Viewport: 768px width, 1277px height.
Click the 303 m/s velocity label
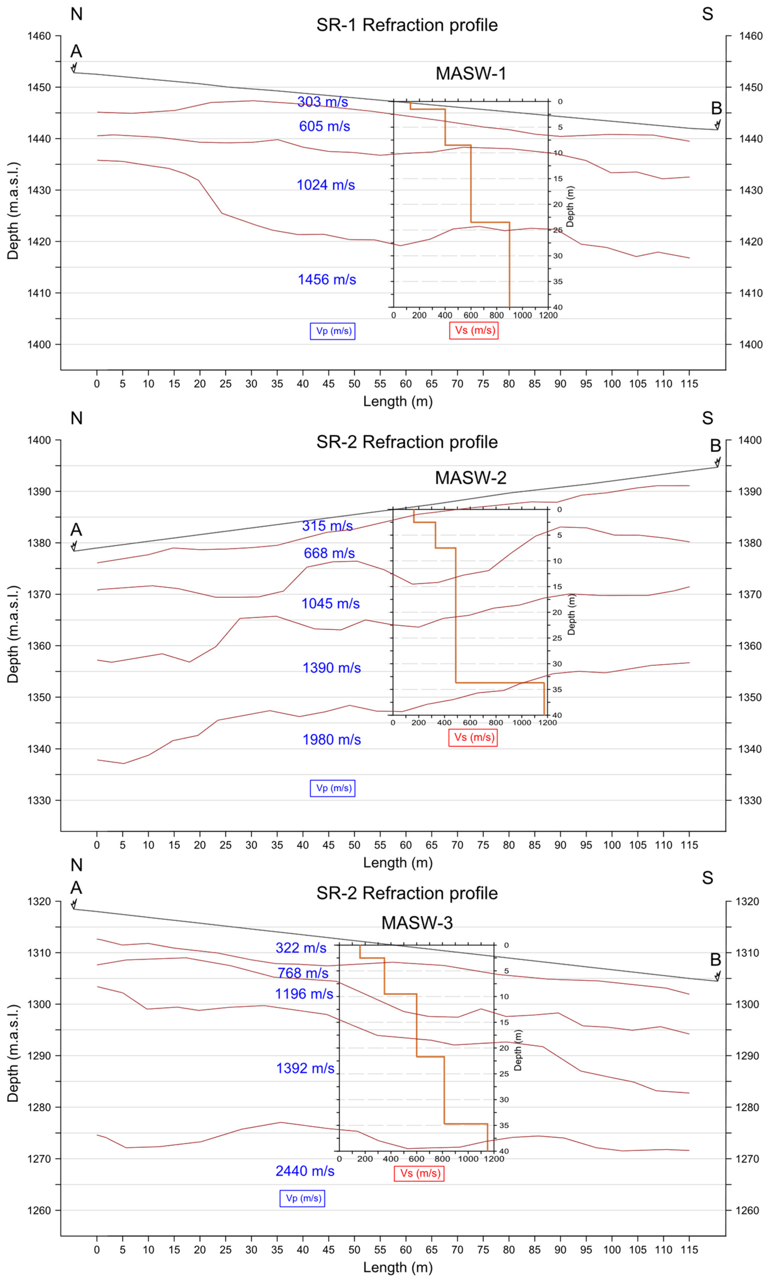322,102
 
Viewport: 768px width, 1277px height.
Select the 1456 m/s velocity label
327,280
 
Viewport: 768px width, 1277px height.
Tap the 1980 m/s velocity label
331,740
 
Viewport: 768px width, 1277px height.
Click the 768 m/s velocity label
303,973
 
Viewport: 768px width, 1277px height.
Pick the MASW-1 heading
471,73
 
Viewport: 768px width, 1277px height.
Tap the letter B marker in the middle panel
715,446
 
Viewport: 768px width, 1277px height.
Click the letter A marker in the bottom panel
76,887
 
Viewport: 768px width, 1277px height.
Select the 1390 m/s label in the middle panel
331,668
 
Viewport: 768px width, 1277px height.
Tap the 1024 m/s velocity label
326,185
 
